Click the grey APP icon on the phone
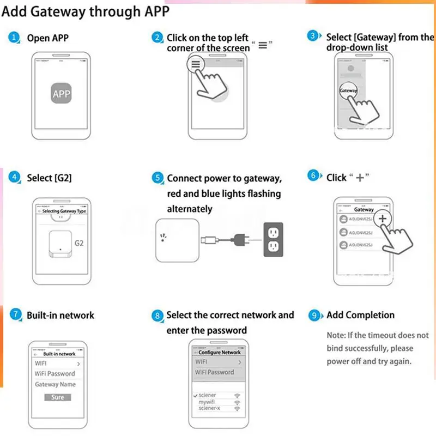point(62,94)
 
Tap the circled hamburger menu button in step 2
point(196,64)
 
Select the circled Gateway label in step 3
point(348,90)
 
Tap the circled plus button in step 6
point(383,219)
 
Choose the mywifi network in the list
point(207,402)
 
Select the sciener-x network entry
point(209,408)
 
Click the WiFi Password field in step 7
point(55,373)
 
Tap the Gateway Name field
point(55,384)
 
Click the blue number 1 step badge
point(14,38)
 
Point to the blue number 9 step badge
point(314,315)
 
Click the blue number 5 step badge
point(158,178)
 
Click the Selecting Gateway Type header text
point(64,211)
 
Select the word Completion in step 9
point(370,315)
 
